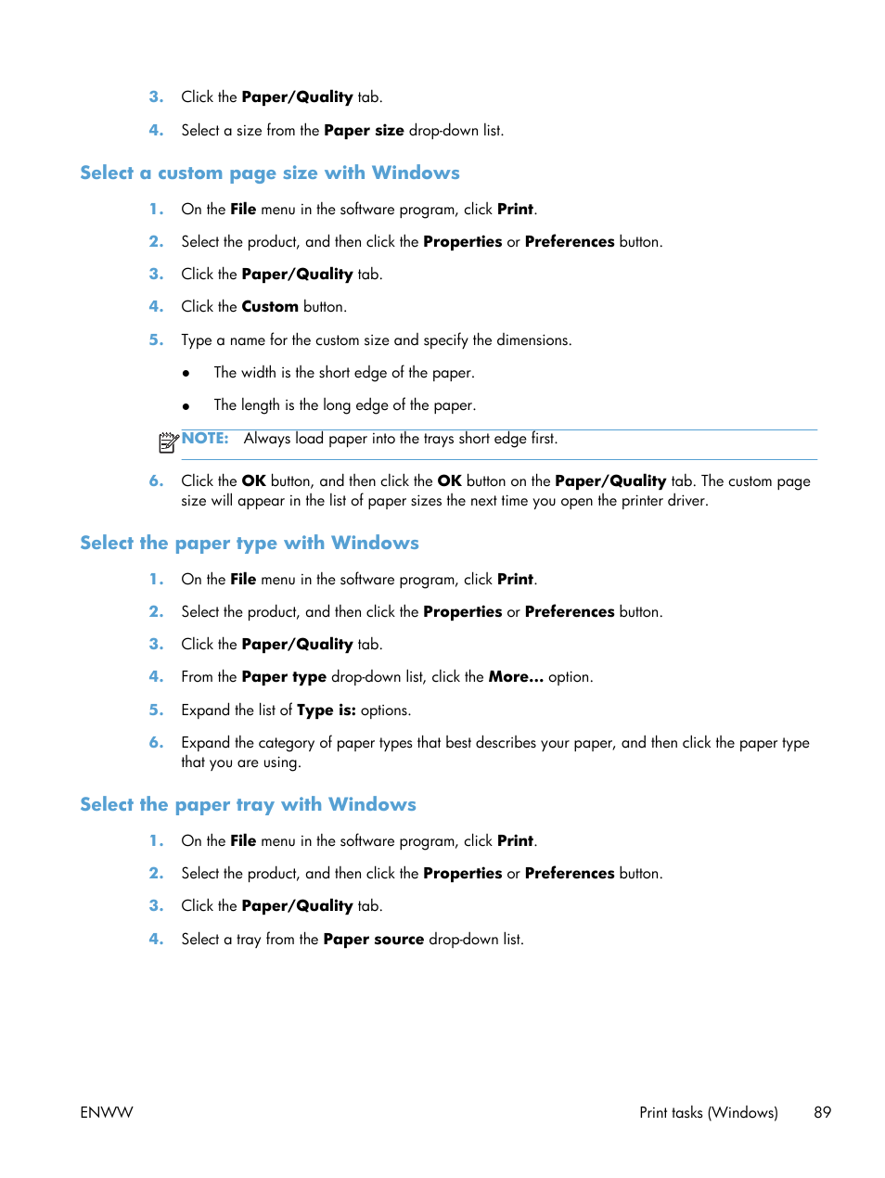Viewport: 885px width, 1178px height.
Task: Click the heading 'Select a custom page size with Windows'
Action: point(269,173)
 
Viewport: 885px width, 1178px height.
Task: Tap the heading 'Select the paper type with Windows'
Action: point(249,544)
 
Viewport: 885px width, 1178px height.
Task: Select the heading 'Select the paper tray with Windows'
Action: point(248,805)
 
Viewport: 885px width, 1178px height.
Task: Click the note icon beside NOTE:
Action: point(167,442)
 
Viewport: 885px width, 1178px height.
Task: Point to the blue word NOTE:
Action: point(205,439)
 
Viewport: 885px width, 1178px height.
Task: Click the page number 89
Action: point(822,1112)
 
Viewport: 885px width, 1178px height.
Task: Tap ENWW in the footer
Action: point(107,1112)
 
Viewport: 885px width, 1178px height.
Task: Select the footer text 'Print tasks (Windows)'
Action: point(708,1112)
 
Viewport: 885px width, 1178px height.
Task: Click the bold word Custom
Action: point(270,307)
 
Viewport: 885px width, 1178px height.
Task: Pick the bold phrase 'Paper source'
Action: point(373,940)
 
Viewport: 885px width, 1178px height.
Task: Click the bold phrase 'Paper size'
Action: point(364,131)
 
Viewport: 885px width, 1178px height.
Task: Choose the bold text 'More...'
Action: point(516,677)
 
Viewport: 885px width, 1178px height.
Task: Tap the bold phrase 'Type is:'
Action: point(326,711)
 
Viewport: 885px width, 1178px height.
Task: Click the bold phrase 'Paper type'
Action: point(284,677)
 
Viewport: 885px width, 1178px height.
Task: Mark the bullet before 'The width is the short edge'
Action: point(186,374)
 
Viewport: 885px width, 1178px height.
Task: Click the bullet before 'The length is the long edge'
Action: point(186,406)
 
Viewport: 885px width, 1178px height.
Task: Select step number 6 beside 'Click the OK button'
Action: point(156,481)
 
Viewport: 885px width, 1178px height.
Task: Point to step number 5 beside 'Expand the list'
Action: point(156,711)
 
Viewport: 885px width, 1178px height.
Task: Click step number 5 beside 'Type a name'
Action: point(156,340)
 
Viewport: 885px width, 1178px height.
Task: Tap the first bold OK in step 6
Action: point(253,481)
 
